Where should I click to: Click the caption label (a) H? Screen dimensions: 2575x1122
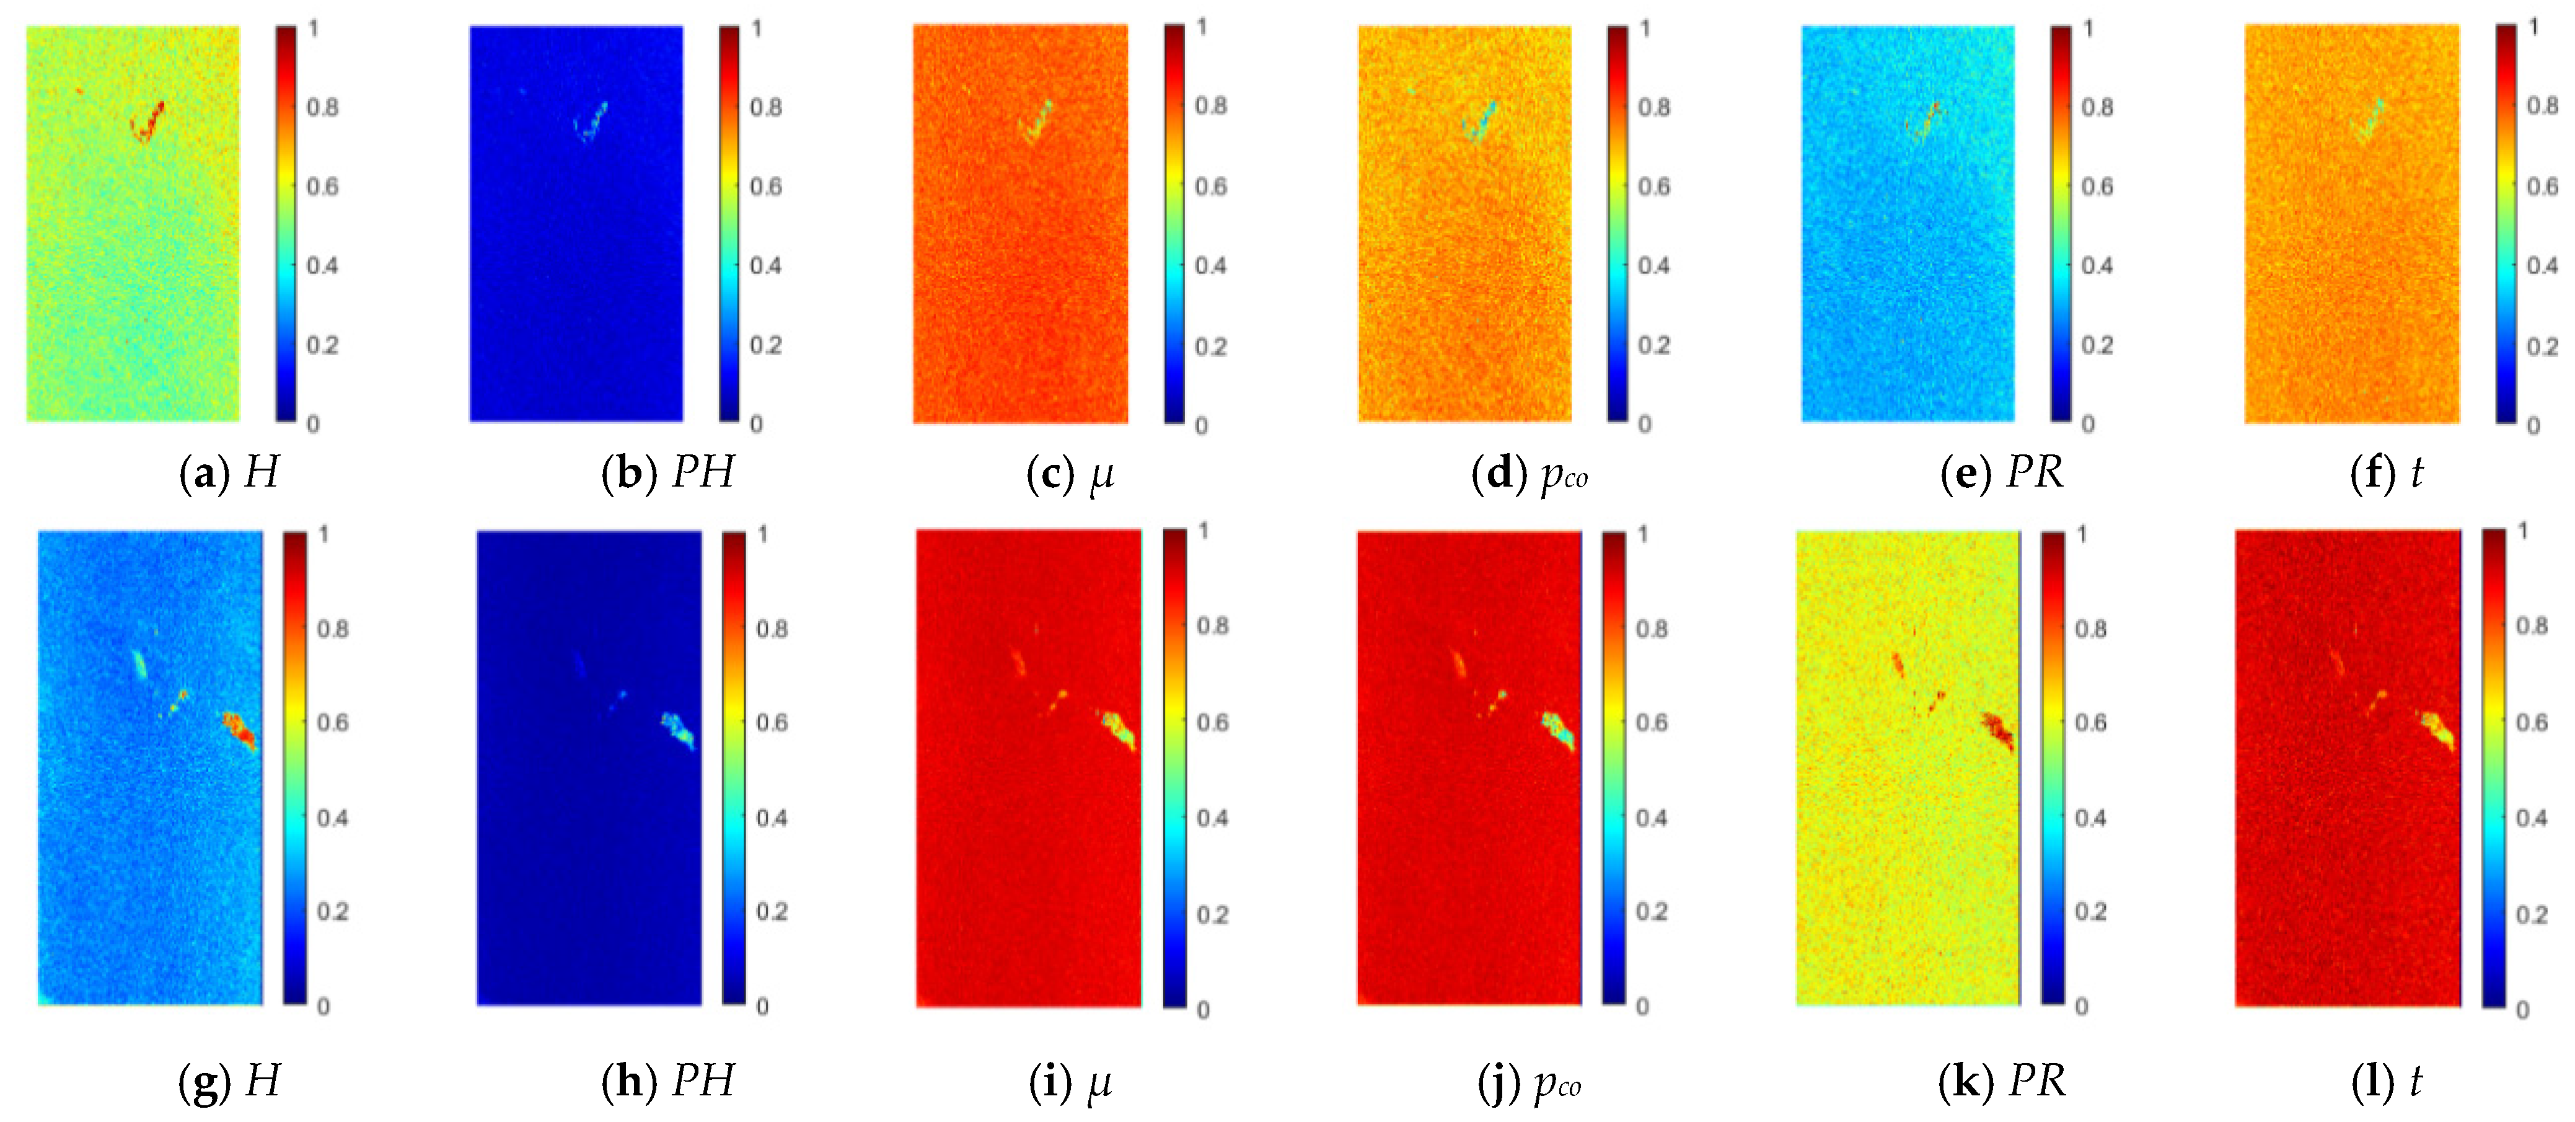229,472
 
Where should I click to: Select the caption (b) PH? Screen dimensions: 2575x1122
667,472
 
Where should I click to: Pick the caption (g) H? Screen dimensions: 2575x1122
229,1081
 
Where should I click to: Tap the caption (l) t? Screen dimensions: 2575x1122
2387,1081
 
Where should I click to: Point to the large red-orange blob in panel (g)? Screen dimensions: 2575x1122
240,731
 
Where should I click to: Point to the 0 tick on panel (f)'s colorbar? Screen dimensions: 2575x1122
2533,425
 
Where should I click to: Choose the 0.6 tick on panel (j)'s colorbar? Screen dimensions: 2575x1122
1652,722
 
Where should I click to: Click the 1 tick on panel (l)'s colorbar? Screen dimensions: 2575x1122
2523,530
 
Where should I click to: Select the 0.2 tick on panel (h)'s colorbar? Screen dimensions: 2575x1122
772,911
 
